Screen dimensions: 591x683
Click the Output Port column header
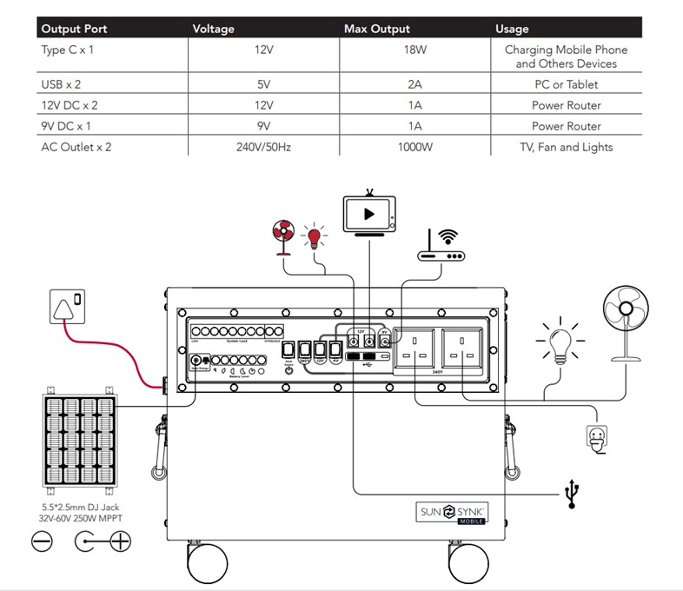click(74, 29)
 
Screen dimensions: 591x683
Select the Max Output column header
click(376, 29)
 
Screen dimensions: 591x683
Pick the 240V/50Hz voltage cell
click(263, 147)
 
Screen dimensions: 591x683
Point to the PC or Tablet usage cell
click(566, 84)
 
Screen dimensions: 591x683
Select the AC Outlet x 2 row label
click(76, 147)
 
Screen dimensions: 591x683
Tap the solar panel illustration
click(80, 442)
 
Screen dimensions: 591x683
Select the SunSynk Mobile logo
click(451, 512)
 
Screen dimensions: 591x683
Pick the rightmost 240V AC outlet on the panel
click(463, 346)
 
